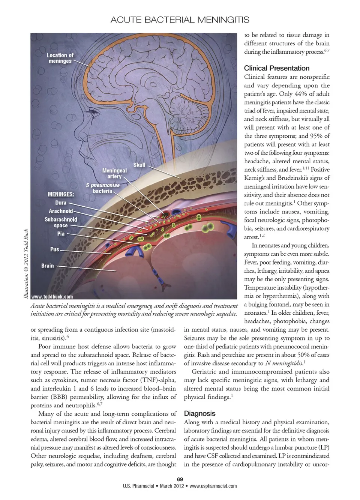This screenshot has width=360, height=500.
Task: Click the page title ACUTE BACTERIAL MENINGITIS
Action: [180, 20]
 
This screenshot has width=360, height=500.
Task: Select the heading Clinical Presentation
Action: [276, 68]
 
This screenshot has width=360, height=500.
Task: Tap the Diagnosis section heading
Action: [199, 413]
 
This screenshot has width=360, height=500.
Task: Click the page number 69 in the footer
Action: [180, 479]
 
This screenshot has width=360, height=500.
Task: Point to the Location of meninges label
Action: [60, 58]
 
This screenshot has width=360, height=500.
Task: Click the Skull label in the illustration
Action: [139, 165]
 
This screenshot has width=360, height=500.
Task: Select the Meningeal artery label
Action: [114, 173]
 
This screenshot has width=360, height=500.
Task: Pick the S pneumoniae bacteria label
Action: [103, 188]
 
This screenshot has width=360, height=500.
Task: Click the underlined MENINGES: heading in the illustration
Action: [61, 194]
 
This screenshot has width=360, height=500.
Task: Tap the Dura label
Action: [61, 203]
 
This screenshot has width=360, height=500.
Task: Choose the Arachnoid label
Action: [61, 211]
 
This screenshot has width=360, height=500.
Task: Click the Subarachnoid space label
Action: [61, 222]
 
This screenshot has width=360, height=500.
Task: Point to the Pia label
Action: [61, 234]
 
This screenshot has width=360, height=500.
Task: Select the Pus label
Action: [54, 249]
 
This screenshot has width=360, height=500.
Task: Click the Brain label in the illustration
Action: [48, 266]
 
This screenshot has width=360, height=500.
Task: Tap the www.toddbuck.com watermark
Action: [52, 296]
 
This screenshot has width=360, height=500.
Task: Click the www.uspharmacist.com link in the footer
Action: [213, 486]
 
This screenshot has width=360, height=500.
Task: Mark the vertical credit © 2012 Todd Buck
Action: [26, 264]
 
